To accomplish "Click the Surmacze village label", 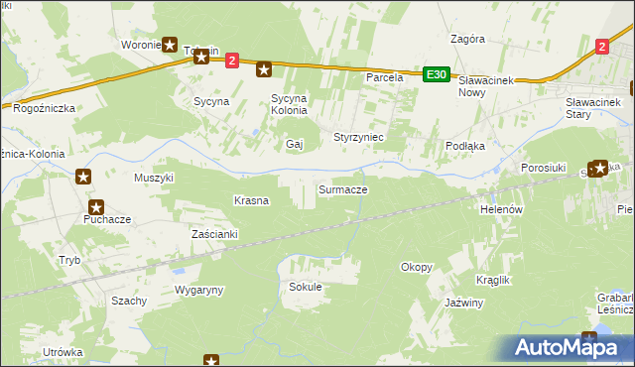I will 342,188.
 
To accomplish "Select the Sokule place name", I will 305,287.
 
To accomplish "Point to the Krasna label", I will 251,200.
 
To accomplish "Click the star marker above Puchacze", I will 96,207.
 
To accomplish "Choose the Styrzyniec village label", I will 358,136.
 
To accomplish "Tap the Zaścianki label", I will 214,234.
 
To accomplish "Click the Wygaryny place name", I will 199,290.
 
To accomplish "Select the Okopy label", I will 416,267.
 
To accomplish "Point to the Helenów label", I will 501,210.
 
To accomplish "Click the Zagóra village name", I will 466,40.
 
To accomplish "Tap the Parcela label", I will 384,76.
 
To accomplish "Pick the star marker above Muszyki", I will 83,178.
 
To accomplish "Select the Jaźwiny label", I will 463,303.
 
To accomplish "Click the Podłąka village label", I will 464,146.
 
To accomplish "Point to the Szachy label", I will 129,301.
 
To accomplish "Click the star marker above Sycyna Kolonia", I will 264,68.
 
